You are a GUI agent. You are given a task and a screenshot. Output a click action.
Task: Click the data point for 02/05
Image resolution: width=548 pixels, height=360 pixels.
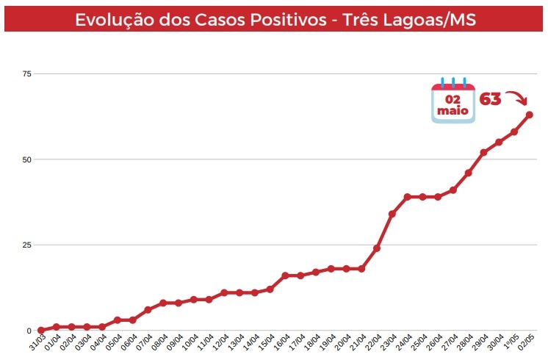click(x=529, y=115)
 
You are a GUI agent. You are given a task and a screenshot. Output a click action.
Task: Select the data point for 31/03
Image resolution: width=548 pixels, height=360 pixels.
click(x=40, y=331)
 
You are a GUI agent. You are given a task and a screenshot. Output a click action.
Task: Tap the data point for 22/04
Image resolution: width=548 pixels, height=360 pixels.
click(x=377, y=248)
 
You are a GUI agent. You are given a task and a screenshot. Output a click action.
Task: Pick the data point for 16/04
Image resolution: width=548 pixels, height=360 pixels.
click(x=285, y=276)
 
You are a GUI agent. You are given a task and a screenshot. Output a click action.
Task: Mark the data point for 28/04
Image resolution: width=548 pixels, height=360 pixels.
click(x=468, y=173)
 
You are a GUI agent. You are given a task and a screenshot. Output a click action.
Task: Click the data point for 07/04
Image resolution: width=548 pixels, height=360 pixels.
click(x=148, y=310)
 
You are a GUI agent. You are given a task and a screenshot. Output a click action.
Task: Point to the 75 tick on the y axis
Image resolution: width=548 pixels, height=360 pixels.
click(x=27, y=74)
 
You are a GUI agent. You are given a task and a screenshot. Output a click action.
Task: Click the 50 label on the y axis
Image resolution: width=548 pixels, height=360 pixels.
click(x=27, y=159)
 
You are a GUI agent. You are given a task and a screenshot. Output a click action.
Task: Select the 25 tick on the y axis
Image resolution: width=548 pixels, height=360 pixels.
click(x=27, y=245)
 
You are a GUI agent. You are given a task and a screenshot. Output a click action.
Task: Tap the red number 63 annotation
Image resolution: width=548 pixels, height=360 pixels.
click(x=490, y=99)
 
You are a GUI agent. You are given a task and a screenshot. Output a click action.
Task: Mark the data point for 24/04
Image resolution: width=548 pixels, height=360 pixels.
click(x=407, y=197)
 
